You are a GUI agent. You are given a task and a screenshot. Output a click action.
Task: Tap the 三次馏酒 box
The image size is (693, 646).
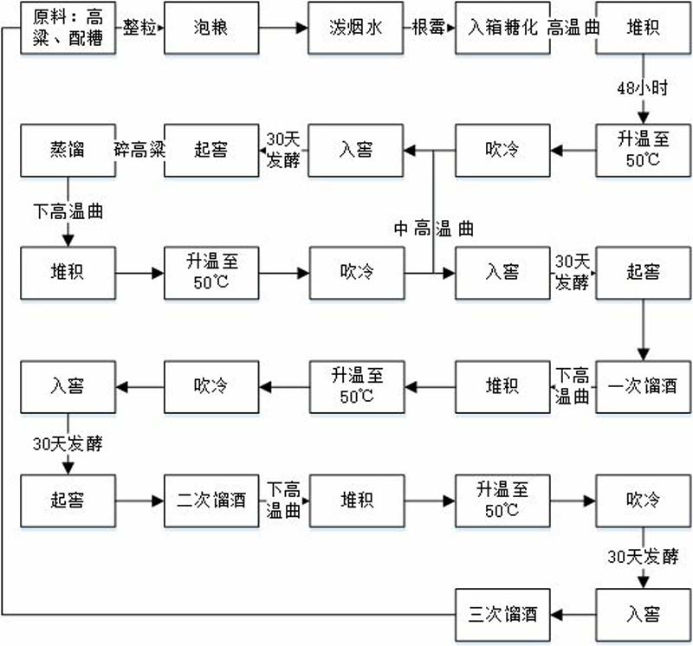501,615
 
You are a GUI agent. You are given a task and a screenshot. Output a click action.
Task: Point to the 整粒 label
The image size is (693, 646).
139,28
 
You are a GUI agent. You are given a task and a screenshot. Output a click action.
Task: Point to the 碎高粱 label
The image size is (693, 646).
139,149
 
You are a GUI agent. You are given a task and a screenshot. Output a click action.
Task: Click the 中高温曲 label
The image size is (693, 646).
434,229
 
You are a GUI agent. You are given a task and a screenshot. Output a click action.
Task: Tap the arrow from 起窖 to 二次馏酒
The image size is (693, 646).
139,501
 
